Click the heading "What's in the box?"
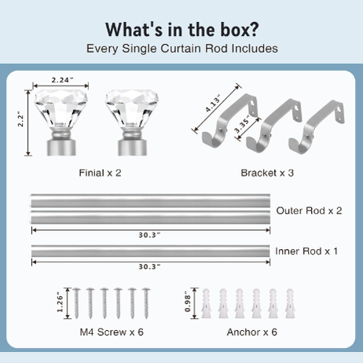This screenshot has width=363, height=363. tap(182, 29)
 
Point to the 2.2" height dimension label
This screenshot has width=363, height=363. tap(20, 121)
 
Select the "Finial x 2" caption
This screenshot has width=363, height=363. tap(100, 173)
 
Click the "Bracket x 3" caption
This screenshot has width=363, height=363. tap(267, 173)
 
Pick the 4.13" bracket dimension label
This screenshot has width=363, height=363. tap(212, 104)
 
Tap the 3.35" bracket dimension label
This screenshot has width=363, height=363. tap(241, 124)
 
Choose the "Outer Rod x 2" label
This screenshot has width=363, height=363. tap(309, 211)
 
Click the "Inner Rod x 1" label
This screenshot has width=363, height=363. tap(306, 251)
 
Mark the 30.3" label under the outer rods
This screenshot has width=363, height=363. tap(149, 235)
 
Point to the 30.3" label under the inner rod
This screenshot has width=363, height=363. tap(149, 266)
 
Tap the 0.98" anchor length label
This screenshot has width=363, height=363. tap(187, 302)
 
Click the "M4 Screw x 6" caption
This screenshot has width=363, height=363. tap(112, 332)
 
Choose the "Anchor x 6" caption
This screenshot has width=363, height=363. tap(252, 332)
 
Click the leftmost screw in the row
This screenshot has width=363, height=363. tap(76, 303)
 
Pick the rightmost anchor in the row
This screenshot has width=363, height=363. tap(290, 303)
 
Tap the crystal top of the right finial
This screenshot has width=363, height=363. tap(132, 108)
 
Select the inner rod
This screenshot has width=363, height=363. tap(150, 251)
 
